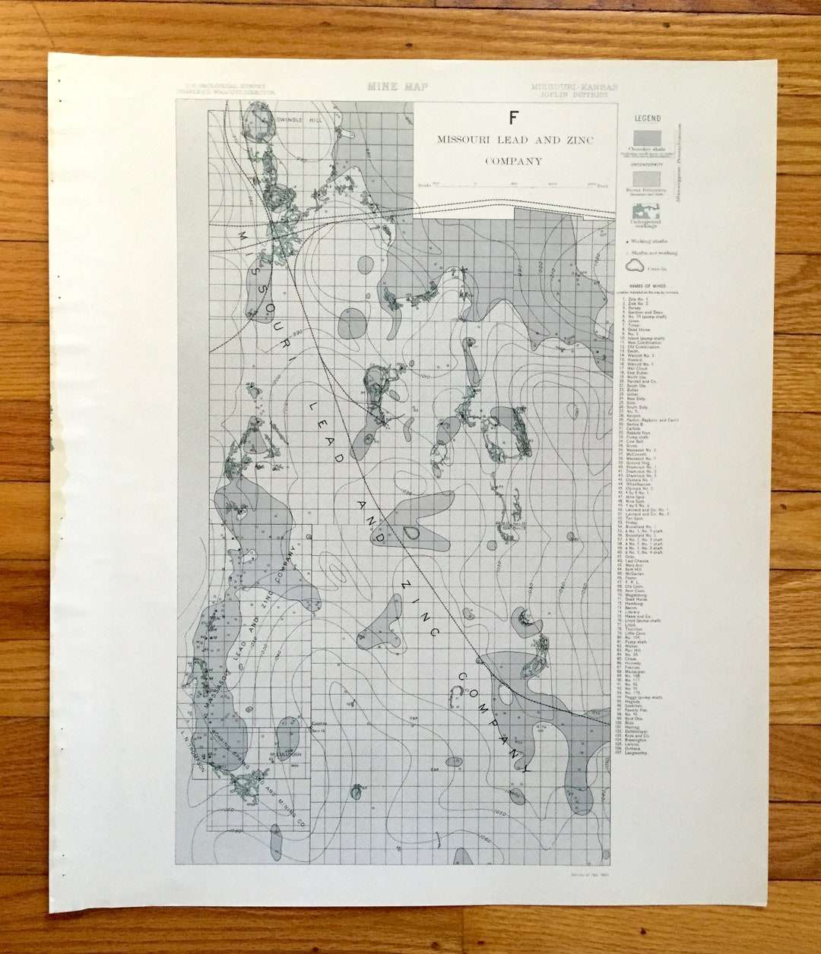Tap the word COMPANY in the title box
pyautogui.click(x=514, y=161)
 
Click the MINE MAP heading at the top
pyautogui.click(x=398, y=87)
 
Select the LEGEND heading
pyautogui.click(x=648, y=118)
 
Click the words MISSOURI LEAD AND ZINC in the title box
pyautogui.click(x=514, y=140)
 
